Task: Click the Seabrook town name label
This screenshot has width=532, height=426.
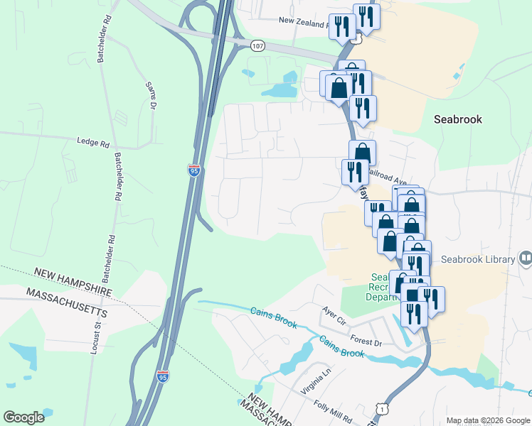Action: point(457,119)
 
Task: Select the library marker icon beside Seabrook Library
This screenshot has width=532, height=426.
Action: point(526,258)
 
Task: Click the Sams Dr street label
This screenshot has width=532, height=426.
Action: point(151,96)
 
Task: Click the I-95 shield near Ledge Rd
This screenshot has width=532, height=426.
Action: point(193,170)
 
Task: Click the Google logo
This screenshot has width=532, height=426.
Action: point(23,417)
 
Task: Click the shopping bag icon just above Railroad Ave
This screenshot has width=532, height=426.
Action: point(362,153)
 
